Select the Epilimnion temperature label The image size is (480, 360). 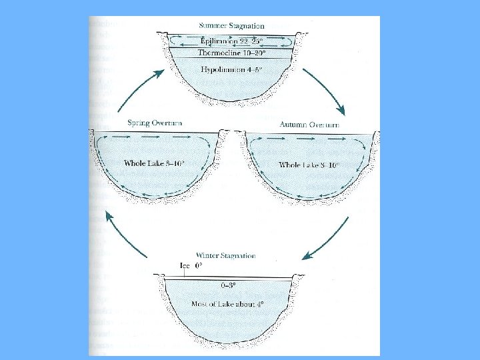230,40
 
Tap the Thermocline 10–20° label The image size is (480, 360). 230,53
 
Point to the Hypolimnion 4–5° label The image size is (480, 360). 230,69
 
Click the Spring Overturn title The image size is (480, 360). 155,123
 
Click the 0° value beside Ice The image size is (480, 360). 199,265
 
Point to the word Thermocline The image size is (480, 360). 215,53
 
